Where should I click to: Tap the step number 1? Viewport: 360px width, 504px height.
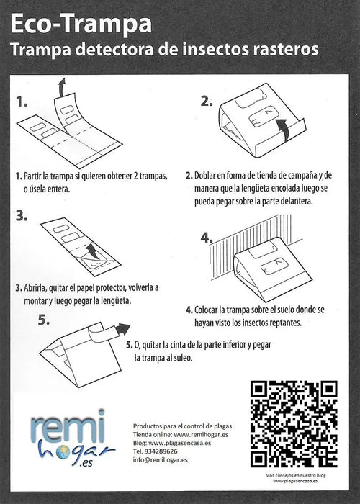[x=22, y=102]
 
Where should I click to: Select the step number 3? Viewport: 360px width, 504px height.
[x=22, y=215]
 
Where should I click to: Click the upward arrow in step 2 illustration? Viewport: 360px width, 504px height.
[x=287, y=130]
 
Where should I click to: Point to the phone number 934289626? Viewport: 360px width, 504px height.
[x=166, y=451]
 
